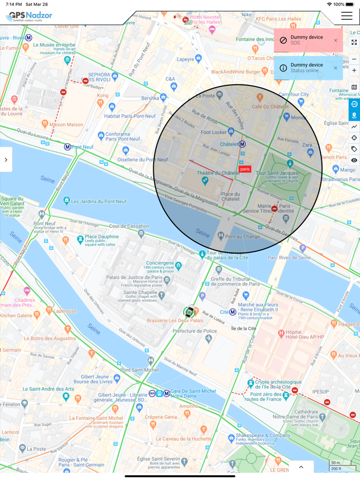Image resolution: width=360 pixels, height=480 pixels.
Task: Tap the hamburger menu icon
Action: point(347,16)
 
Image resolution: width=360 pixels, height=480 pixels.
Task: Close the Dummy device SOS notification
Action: point(336,41)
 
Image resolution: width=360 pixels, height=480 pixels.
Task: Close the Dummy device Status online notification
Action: point(336,68)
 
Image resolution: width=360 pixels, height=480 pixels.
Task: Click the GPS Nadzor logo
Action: point(29,16)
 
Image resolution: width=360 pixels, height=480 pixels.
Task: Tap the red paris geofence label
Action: point(245,169)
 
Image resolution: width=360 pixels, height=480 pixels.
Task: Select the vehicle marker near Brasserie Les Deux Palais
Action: point(189,311)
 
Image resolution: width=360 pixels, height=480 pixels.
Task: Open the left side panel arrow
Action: point(6,160)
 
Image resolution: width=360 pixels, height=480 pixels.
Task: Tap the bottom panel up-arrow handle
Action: point(301,467)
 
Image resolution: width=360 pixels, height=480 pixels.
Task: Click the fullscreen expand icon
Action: point(354,43)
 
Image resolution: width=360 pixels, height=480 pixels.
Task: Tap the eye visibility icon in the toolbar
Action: point(354,160)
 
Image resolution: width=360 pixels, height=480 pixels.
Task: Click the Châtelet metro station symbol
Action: point(242,144)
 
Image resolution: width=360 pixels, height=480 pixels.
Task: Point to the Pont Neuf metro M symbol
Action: point(67,147)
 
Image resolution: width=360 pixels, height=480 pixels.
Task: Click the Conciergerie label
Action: point(160,263)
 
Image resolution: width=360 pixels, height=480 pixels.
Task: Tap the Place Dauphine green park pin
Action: point(80,239)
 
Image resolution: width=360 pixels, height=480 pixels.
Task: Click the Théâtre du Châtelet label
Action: point(219,173)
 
